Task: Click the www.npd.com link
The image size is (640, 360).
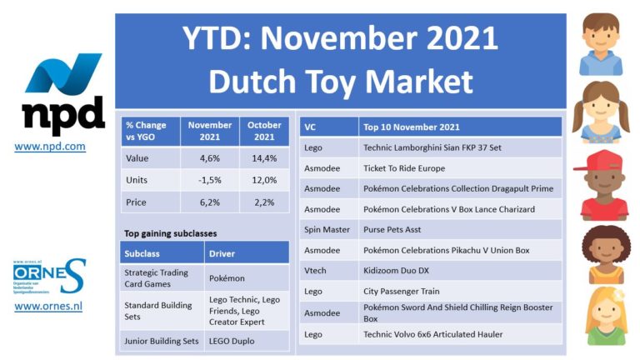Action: coord(50,146)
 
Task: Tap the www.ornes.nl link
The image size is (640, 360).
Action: coord(48,306)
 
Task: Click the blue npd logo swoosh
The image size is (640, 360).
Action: coord(63,72)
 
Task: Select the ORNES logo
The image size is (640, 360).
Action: coord(49,277)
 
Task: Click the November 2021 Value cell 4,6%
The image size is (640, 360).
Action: coord(210,158)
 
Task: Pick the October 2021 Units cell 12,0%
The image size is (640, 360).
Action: coord(264,180)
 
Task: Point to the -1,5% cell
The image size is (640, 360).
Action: coord(210,180)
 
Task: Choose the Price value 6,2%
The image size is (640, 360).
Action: coord(210,202)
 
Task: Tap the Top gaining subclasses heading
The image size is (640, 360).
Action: coord(171,233)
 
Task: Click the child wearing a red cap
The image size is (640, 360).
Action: coord(602,185)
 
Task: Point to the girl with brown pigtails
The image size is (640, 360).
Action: coord(601,112)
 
